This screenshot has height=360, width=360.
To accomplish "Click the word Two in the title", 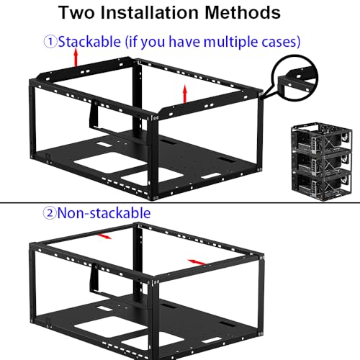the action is point(76,12).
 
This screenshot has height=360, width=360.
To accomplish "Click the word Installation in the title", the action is point(149,12).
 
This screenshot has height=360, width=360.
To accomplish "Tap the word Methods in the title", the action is point(243,12).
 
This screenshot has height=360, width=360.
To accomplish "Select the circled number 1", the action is point(50,42).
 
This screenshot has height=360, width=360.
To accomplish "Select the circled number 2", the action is point(50,213).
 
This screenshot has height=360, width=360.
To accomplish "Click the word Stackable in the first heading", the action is point(89,42).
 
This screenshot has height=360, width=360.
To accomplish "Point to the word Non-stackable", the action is point(104,213).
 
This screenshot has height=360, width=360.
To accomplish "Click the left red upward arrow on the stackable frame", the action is point(76,57).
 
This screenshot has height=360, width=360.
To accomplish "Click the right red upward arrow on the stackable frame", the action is point(185,94).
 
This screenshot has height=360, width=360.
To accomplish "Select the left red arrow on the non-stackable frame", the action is point(104,236).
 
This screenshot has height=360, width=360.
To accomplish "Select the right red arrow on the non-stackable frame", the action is point(197,262).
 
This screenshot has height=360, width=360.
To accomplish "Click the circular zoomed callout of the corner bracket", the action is point(294,77).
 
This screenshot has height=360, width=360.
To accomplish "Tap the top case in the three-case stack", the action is point(322,138).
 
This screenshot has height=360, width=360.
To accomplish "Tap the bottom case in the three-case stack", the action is point(322,185).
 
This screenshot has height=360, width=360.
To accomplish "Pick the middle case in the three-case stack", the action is point(322,161).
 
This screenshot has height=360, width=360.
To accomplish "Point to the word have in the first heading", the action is point(184,42).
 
